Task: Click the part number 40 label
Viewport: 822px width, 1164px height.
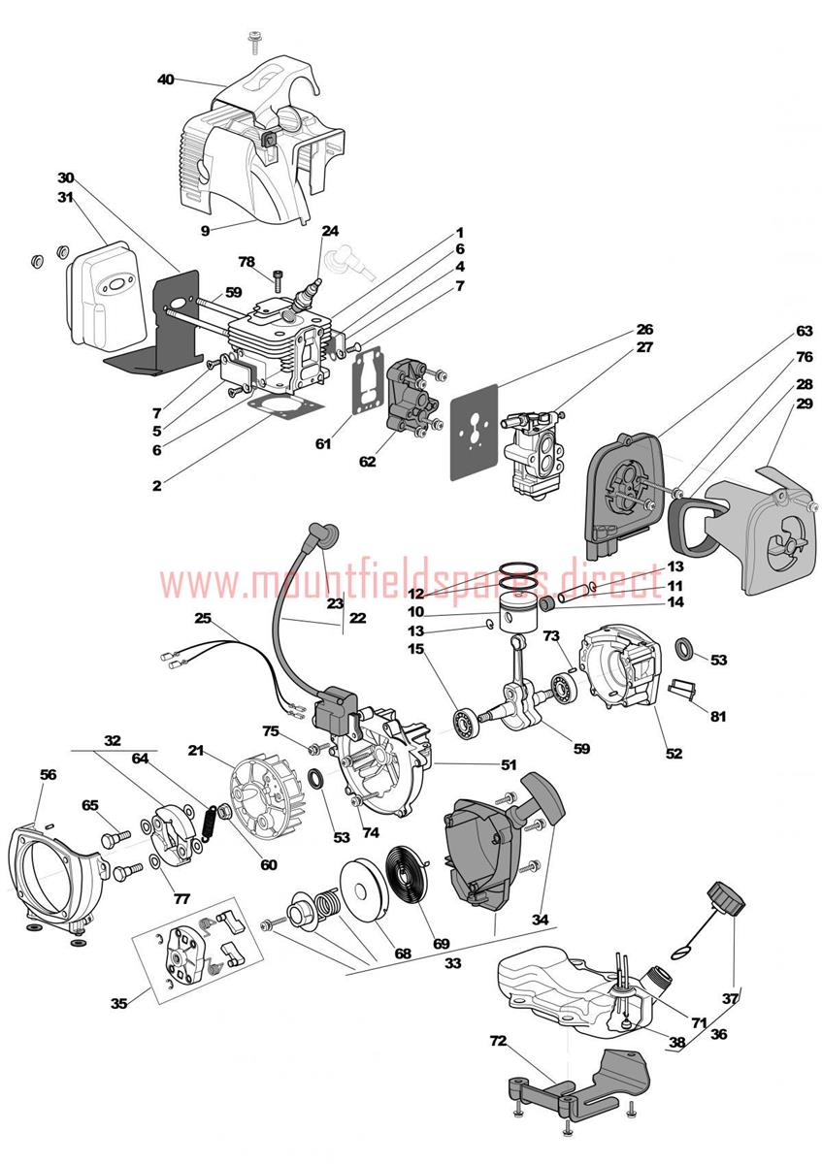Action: pos(165,80)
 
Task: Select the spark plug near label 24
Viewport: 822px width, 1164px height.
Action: pos(313,286)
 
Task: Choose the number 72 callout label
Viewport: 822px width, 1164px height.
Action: pos(498,1041)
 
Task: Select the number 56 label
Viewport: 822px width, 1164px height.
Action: pos(48,774)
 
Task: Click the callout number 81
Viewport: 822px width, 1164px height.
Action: pos(718,717)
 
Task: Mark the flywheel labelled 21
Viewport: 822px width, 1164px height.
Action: pos(266,790)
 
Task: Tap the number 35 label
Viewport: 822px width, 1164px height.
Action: pos(118,1003)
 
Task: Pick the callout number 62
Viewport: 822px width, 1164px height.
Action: pos(367,462)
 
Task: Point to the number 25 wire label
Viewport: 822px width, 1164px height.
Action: pos(202,618)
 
